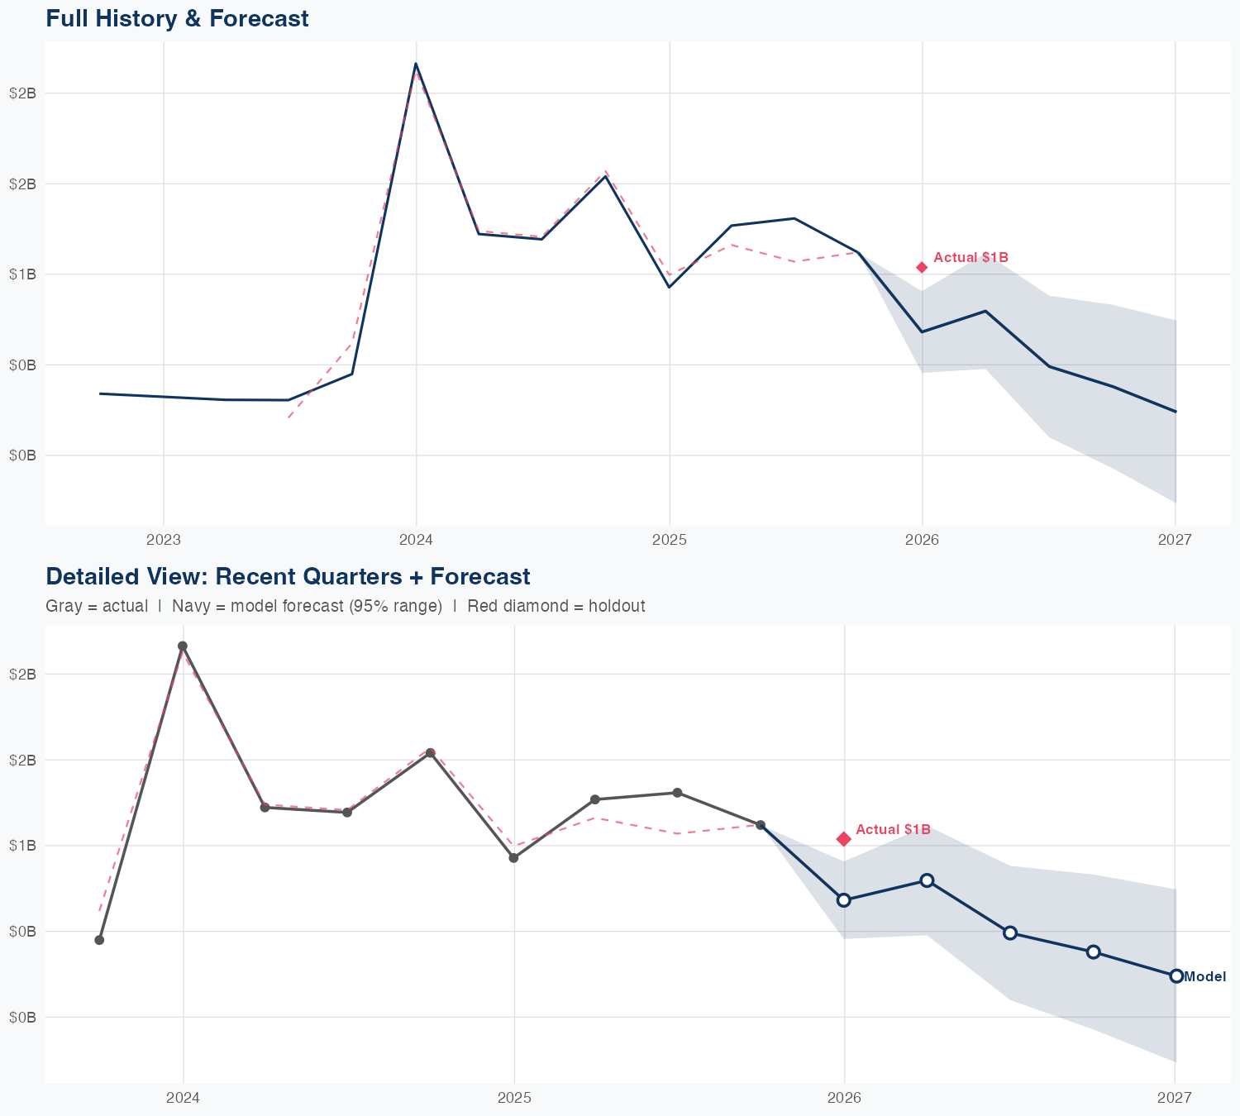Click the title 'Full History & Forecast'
point(177,18)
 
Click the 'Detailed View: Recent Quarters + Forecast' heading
point(288,576)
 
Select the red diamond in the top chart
point(922,267)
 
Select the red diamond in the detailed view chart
point(844,839)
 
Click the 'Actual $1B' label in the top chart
point(971,258)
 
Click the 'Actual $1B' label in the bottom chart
point(893,829)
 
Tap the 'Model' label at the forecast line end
point(1204,976)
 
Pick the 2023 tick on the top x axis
point(163,541)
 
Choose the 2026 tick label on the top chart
point(922,541)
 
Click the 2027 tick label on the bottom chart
point(1174,1098)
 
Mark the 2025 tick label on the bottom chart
point(514,1098)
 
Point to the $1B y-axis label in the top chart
point(22,274)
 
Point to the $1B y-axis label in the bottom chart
point(22,845)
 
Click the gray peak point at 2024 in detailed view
point(183,646)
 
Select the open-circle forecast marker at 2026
point(844,900)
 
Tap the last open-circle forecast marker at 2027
point(1176,976)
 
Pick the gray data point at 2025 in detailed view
point(513,858)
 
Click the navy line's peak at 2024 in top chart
point(416,64)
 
